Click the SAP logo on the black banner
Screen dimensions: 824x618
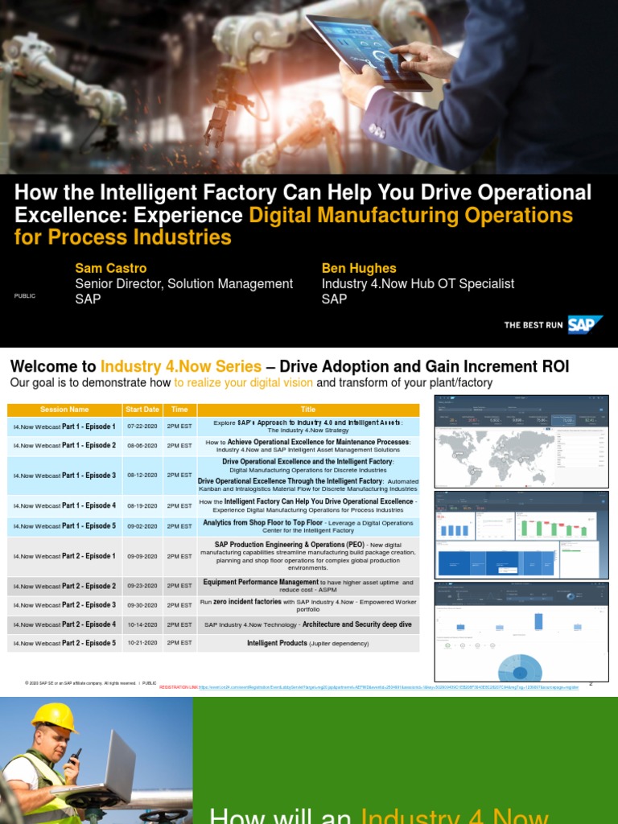[x=585, y=325]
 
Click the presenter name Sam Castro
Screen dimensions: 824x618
[x=111, y=268]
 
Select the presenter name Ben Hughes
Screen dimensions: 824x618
[x=359, y=268]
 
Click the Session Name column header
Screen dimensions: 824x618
[x=64, y=410]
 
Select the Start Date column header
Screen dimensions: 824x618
[x=142, y=410]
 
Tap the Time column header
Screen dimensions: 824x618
[x=179, y=410]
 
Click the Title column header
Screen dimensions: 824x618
[x=308, y=410]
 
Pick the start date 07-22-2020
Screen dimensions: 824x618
[x=142, y=426]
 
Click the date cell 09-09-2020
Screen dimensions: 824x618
[x=142, y=556]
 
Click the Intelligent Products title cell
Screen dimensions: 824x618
[x=308, y=643]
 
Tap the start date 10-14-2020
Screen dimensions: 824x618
[x=142, y=624]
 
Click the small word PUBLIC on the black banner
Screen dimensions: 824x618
[x=25, y=296]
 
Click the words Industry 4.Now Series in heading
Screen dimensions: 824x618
[x=180, y=367]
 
